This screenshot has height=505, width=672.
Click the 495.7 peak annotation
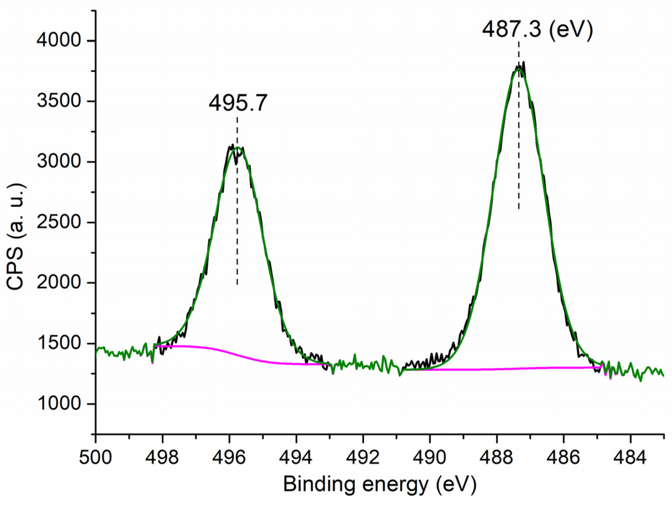(x=238, y=103)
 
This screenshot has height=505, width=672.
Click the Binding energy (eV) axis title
(x=379, y=484)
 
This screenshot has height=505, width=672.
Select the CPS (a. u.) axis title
(x=16, y=236)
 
